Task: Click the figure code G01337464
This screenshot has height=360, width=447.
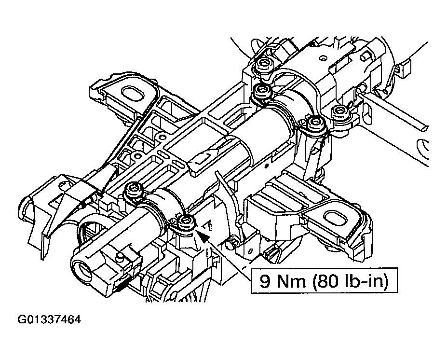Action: (x=49, y=320)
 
